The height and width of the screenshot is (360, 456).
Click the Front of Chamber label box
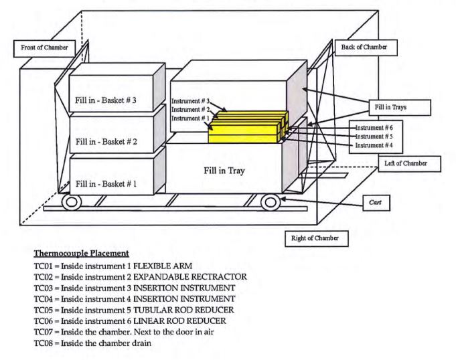pos(44,49)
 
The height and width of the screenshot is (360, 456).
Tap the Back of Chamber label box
pos(366,48)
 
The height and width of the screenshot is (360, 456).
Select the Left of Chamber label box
pos(410,164)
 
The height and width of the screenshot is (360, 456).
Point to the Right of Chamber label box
pos(317,238)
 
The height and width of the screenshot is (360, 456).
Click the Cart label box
pos(376,203)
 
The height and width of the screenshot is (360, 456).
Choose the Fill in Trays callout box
pos(400,108)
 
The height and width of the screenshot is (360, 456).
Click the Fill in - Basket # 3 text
pos(106,100)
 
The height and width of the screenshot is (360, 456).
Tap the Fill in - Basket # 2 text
pos(106,142)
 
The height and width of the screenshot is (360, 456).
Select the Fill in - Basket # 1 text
pos(106,184)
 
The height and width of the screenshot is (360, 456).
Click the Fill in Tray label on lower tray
pos(224,171)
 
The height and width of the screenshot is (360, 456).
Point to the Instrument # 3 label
pos(190,101)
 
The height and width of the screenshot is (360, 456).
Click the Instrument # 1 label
pos(190,118)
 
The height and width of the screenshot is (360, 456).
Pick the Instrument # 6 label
pos(374,128)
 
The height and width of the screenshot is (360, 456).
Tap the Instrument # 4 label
pos(374,145)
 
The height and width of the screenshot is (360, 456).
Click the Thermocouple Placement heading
pos(82,254)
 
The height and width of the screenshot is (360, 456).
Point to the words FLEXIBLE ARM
pos(163,266)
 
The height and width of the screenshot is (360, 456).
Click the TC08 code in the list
pos(44,343)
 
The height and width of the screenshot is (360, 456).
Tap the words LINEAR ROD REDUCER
pos(179,321)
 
